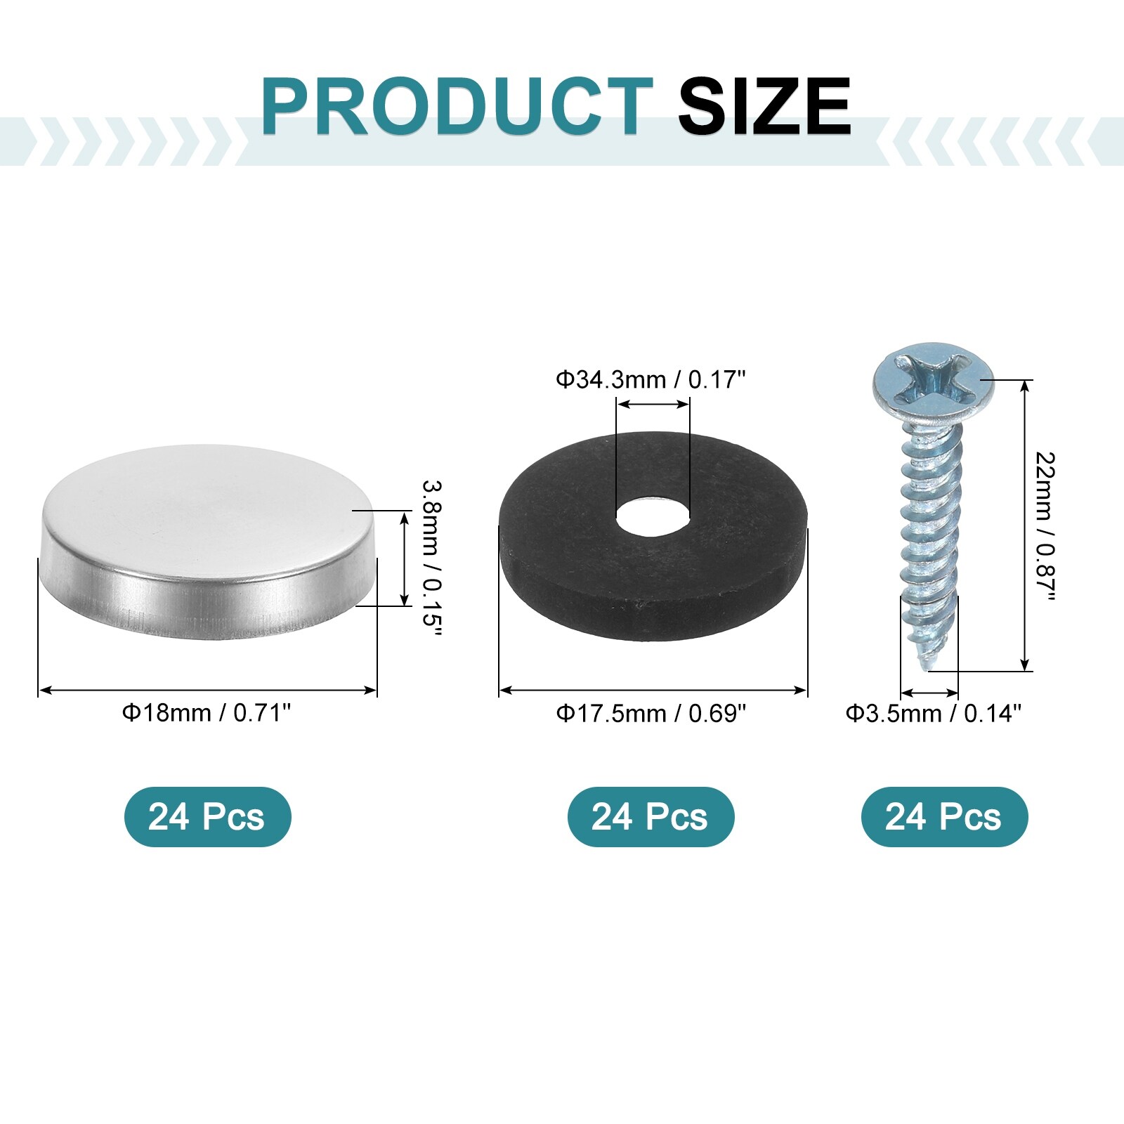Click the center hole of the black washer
(x=653, y=518)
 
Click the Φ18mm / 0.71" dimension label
(x=207, y=713)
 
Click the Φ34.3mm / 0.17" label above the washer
(x=651, y=379)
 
